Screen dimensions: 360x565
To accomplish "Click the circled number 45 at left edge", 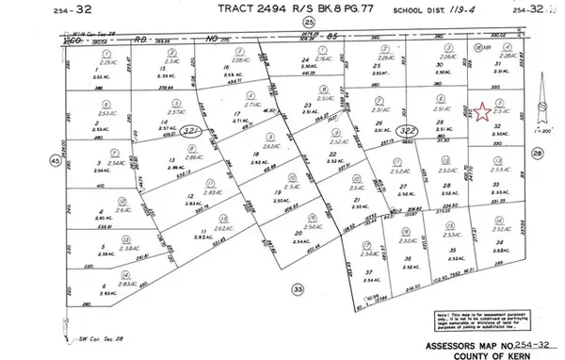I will coord(56,162).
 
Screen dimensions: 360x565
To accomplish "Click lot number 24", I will coord(305,59).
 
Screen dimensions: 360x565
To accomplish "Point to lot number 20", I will coord(298,232).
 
